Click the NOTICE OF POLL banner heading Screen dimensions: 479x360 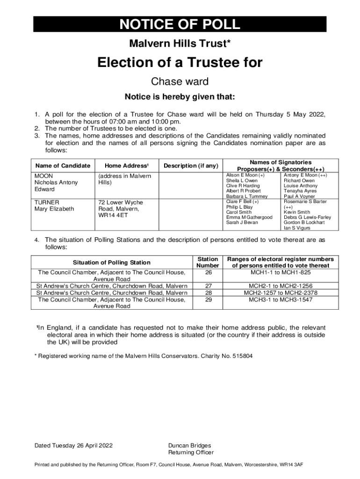pos(180,24)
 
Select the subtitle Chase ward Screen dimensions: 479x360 pos(180,81)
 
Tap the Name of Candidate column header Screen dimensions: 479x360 pos(63,166)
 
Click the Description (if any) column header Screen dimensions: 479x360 pos(191,166)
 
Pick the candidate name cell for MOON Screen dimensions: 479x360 pos(56,182)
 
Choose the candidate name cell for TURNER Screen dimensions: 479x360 pos(54,205)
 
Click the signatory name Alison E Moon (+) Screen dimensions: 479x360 pos(245,175)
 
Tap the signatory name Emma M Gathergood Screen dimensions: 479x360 pos(249,218)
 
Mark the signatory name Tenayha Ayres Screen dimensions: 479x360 pos(300,191)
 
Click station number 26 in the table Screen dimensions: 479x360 pos(208,272)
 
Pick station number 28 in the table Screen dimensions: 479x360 pos(208,293)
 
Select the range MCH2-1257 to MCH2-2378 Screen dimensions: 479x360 pos(280,293)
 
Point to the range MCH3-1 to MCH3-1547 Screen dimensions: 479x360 pos(280,299)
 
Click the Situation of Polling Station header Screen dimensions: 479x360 pos(112,262)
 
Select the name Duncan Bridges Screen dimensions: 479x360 pos(189,445)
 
